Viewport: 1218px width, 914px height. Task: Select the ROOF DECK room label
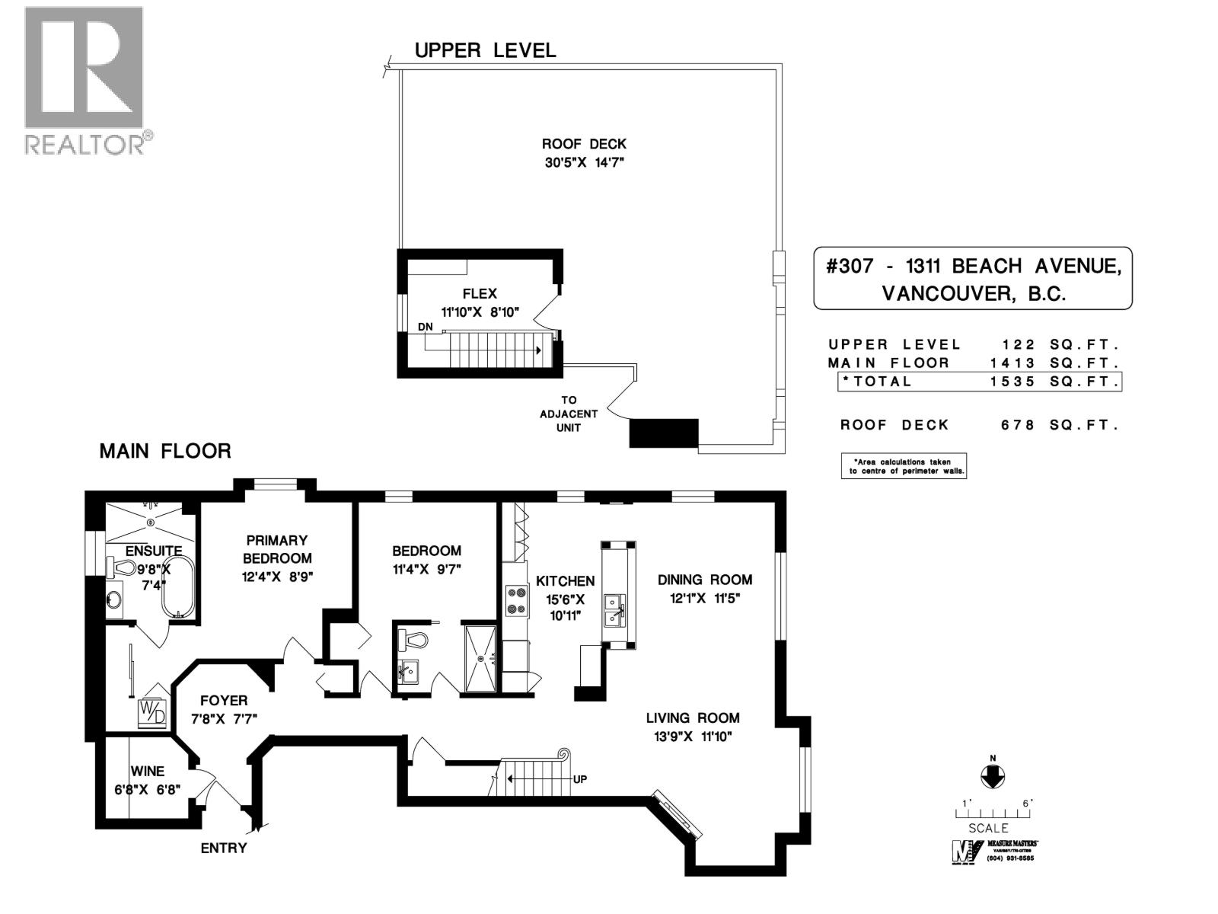coord(584,144)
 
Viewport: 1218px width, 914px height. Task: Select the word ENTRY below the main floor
coord(224,848)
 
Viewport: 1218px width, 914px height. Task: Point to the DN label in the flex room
coord(425,327)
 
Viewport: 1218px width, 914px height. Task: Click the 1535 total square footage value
coord(1012,382)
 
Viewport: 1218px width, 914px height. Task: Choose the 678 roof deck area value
coord(1018,425)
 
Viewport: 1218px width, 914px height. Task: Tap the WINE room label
coord(147,772)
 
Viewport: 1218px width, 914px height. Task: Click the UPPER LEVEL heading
coord(485,50)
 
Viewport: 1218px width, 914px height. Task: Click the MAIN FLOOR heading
coord(165,451)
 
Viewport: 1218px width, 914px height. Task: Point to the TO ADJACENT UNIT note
coord(569,414)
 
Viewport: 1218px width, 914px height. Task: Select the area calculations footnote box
coord(904,466)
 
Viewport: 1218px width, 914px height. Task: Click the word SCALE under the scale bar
coord(988,828)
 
